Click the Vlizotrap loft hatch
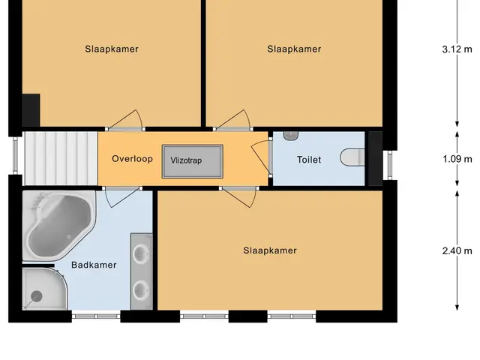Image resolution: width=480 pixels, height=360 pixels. pyautogui.click(x=193, y=161)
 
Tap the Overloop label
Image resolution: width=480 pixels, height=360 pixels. pyautogui.click(x=132, y=158)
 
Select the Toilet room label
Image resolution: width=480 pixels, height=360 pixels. pyautogui.click(x=309, y=160)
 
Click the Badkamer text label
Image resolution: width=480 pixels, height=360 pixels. pyautogui.click(x=94, y=265)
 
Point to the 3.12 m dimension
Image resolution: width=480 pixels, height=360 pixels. pyautogui.click(x=457, y=49)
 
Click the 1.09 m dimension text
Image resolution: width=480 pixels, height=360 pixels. pyautogui.click(x=457, y=159)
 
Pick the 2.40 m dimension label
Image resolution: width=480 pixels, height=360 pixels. pyautogui.click(x=457, y=251)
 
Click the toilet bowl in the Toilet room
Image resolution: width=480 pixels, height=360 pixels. pyautogui.click(x=352, y=157)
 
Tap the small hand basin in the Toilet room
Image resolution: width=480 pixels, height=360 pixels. pyautogui.click(x=290, y=136)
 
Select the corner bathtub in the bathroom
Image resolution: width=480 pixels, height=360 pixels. pyautogui.click(x=59, y=225)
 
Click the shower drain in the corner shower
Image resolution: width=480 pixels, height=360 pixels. pyautogui.click(x=37, y=296)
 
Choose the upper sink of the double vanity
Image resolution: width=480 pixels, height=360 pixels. pyautogui.click(x=141, y=253)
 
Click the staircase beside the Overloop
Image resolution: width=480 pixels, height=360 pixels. pyautogui.click(x=61, y=158)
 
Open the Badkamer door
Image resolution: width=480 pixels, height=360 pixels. pyautogui.click(x=122, y=197)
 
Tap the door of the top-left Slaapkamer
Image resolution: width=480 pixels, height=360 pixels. pyautogui.click(x=125, y=120)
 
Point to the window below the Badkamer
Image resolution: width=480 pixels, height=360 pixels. pyautogui.click(x=96, y=316)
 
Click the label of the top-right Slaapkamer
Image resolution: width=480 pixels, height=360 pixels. pyautogui.click(x=294, y=49)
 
